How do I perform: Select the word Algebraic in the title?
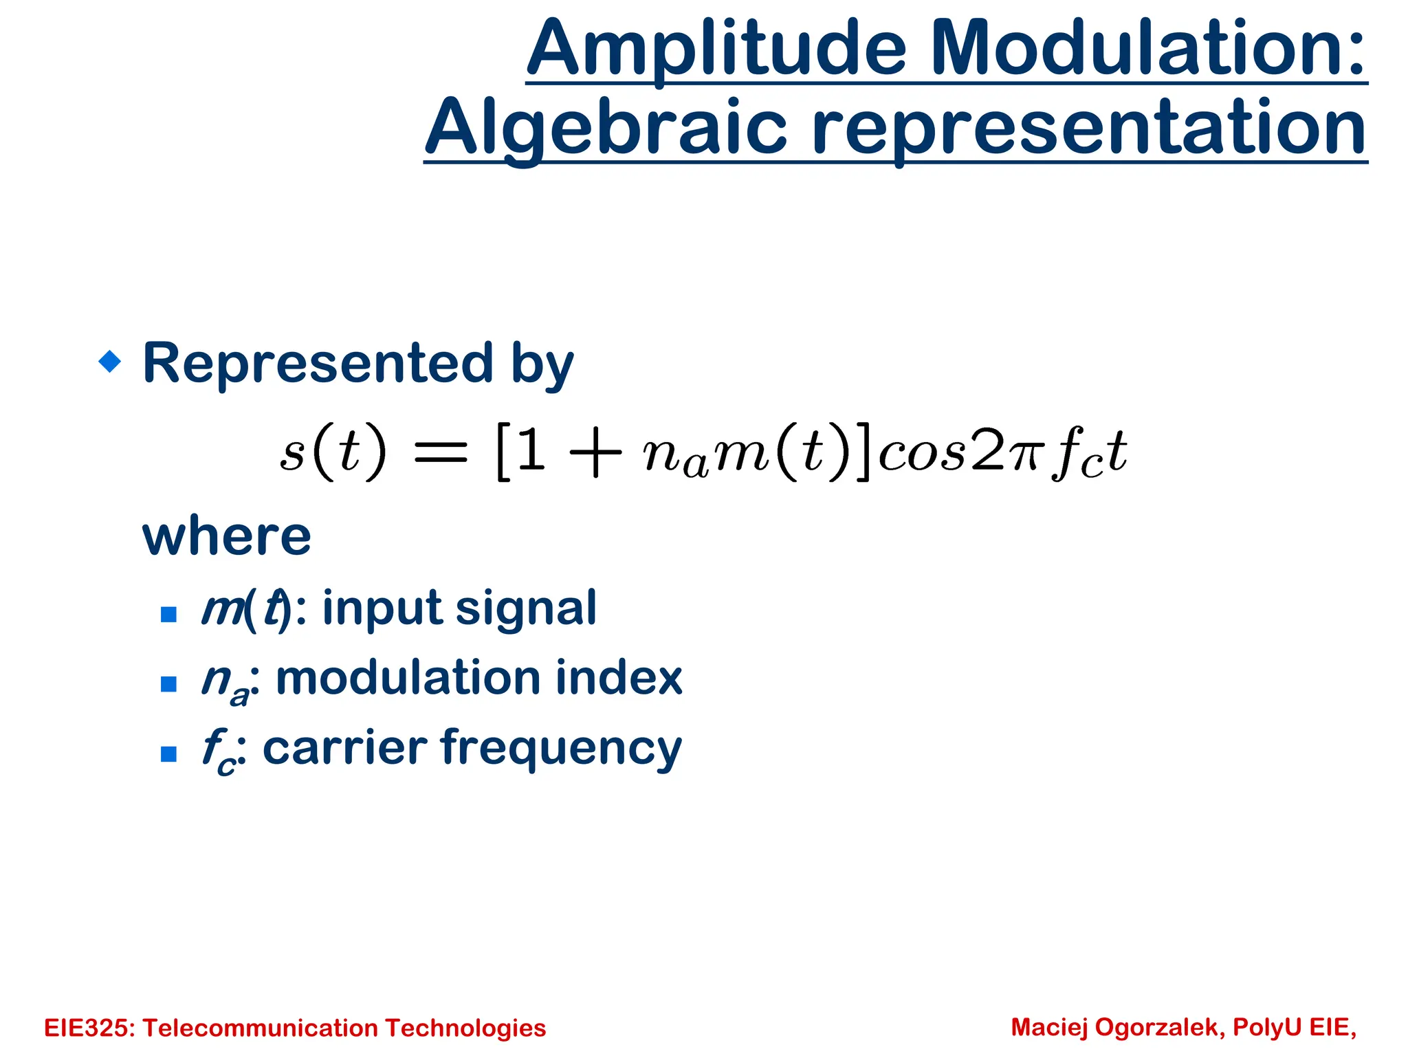coord(606,129)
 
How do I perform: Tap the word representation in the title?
coord(1089,129)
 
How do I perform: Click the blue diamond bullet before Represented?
coord(110,361)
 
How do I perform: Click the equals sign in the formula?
coord(440,453)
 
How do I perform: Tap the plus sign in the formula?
coord(595,453)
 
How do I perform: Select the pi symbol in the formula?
coord(1024,455)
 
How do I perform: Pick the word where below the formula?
coord(227,536)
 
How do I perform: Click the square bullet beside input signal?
coord(168,614)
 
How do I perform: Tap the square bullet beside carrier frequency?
coord(168,754)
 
